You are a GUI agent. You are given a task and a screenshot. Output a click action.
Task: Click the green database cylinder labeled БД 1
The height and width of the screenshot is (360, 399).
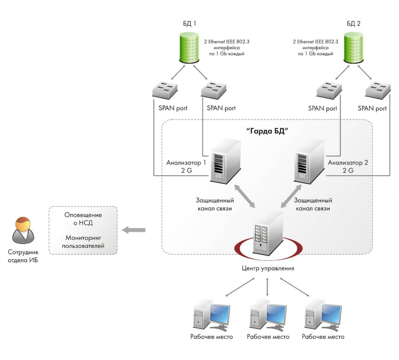(189, 47)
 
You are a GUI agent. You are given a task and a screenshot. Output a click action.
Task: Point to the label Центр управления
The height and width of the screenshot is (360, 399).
(268, 268)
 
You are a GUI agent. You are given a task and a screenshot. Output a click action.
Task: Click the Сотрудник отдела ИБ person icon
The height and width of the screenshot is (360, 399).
(23, 231)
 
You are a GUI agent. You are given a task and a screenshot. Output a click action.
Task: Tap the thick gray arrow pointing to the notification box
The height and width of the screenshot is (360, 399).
(133, 230)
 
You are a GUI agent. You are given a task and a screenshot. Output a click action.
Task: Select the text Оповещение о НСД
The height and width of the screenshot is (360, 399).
(83, 219)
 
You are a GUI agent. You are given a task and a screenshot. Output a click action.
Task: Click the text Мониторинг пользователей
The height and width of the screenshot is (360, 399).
(83, 242)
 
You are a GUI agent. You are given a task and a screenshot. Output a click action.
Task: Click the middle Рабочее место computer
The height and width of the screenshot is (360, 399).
(267, 316)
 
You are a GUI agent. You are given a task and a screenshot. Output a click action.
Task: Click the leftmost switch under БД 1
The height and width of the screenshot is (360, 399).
(165, 90)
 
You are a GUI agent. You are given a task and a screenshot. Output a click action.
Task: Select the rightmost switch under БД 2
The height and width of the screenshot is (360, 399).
(377, 90)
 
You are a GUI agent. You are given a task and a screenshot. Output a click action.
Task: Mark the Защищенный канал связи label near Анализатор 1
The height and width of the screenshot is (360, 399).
(215, 204)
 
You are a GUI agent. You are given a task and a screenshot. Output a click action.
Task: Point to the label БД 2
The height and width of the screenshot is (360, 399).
(353, 24)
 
